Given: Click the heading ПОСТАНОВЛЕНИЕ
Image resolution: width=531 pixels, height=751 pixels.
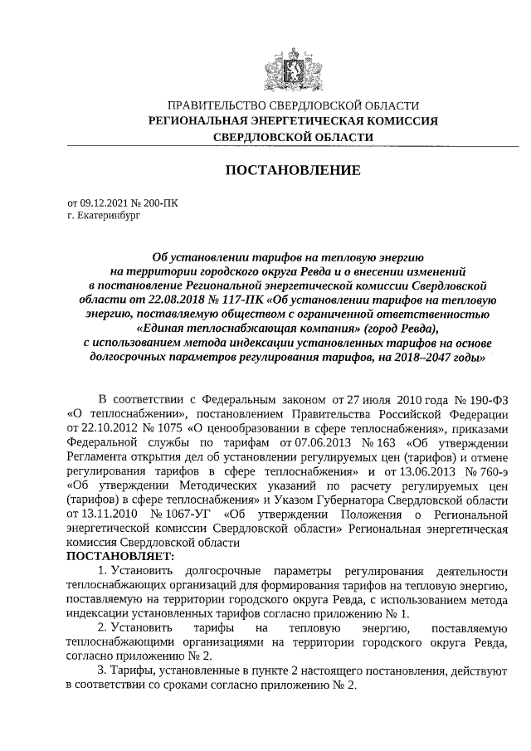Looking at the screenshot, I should pos(293,171).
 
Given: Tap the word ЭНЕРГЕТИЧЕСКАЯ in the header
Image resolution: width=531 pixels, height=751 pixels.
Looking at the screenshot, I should pos(302,121).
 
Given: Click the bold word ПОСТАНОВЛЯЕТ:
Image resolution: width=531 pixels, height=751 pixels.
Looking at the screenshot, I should pos(120,555).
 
